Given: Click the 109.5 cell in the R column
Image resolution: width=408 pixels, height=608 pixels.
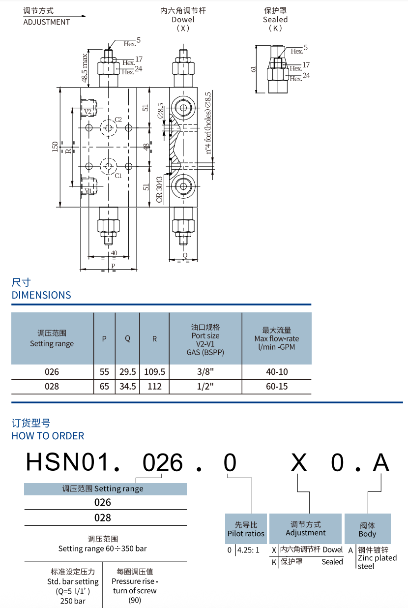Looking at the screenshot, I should coord(154,372).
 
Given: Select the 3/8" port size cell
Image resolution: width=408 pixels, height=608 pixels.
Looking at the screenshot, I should coord(205,372).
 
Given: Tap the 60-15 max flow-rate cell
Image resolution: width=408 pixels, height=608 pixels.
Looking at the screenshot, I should coord(277,386).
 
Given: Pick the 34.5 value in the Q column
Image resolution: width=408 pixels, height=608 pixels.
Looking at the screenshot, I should coord(127,386).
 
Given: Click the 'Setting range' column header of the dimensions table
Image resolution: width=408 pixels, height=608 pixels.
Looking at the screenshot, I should coord(52,338).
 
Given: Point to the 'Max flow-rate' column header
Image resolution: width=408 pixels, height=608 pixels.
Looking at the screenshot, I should coord(277,338).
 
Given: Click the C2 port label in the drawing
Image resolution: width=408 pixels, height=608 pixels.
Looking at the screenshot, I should coord(118,120).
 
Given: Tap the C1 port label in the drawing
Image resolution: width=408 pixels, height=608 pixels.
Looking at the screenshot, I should coord(118,176).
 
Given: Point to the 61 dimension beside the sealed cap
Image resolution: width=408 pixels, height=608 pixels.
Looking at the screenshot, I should coord(254,69).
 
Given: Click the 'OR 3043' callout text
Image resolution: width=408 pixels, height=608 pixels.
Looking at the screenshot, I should coord(159,190).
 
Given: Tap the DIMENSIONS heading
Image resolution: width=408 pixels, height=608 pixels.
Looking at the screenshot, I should coord(41,295).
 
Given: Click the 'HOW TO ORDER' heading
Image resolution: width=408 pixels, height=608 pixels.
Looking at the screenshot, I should coord(48,436).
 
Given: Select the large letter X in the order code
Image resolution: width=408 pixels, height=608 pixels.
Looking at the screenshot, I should coord(299,463).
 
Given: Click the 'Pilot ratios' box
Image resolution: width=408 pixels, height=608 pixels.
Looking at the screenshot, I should coord(246,529).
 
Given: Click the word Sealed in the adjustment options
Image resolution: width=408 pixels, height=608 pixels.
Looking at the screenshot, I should coord(332,562).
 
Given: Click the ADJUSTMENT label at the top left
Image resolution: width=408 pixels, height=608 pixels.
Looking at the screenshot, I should coord(47,22).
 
